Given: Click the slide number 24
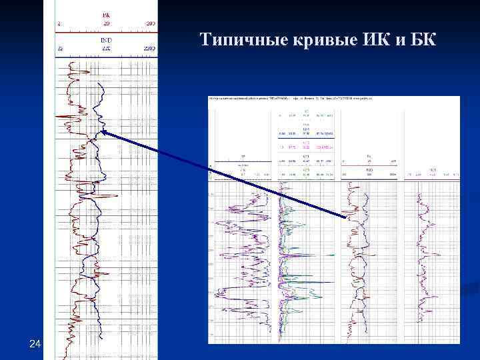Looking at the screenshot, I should click(x=35, y=344).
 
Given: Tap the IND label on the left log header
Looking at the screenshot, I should click(x=106, y=40).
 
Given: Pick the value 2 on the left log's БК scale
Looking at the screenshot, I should click(x=59, y=23).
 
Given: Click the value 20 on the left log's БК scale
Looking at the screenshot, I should click(x=106, y=23).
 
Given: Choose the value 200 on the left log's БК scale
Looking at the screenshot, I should click(x=150, y=23).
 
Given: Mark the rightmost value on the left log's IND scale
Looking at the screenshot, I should click(x=149, y=49).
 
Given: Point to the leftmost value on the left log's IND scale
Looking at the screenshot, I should click(x=60, y=49).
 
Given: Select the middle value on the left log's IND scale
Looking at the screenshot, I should click(x=105, y=49).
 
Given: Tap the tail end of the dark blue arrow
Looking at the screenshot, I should click(x=346, y=217).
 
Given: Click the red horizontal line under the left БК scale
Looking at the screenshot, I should click(x=106, y=31).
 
